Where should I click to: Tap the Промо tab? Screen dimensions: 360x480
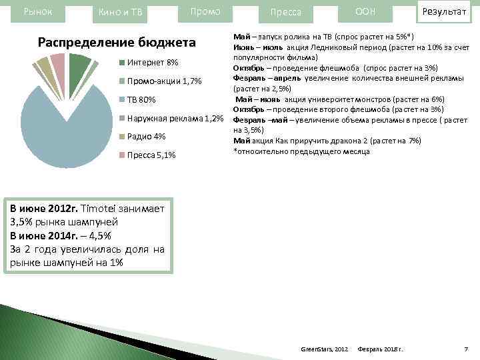click(206, 12)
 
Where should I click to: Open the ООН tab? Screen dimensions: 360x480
click(365, 12)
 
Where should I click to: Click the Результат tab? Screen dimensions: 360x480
click(443, 12)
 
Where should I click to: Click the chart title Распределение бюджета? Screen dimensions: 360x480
click(117, 43)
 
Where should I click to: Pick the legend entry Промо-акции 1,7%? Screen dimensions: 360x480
click(164, 81)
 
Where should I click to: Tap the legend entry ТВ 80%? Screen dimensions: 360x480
click(141, 100)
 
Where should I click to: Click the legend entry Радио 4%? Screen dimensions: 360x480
click(146, 137)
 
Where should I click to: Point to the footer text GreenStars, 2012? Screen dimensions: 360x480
click(325, 349)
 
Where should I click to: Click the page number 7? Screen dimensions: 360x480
click(465, 349)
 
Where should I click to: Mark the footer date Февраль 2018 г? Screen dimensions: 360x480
click(385, 349)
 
